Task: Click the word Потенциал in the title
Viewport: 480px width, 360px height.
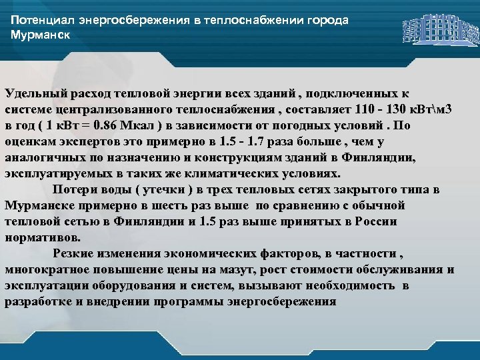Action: tap(41, 20)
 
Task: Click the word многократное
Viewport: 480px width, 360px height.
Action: tap(47, 269)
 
